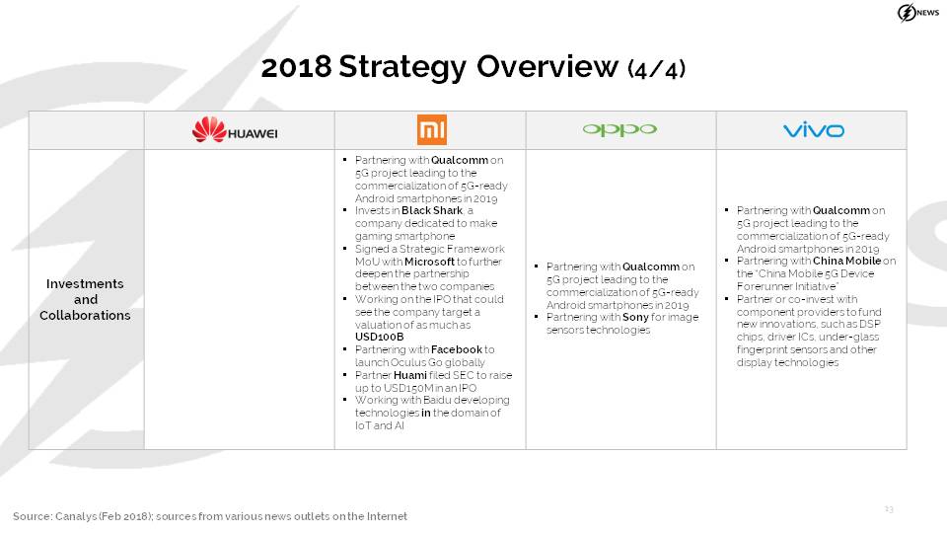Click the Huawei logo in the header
coord(235,129)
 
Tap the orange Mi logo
coord(432,129)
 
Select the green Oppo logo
coord(619,129)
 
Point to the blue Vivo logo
coord(814,129)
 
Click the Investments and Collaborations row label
coord(85,299)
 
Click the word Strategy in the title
coord(402,66)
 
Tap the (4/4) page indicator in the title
coord(657,69)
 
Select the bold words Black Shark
coord(432,210)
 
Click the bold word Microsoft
coord(429,262)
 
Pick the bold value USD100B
coord(379,337)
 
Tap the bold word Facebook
coord(457,349)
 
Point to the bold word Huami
coord(410,375)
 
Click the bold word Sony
coord(635,317)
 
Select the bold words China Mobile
coord(846,261)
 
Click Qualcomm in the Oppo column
coord(651,266)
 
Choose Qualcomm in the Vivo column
coord(841,210)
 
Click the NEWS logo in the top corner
coord(918,13)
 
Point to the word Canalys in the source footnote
coord(73,516)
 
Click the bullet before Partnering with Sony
coord(537,317)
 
